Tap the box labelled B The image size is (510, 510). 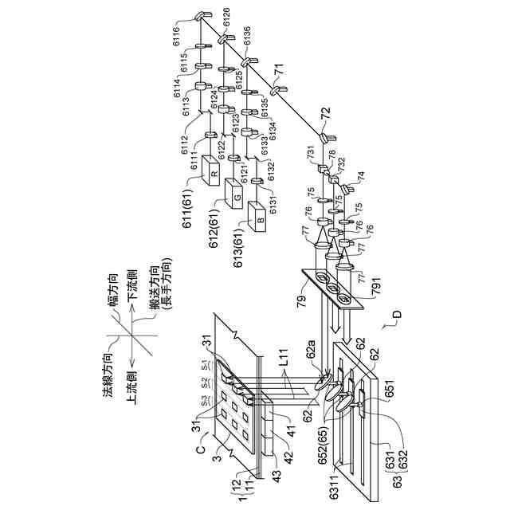tap(259, 216)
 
